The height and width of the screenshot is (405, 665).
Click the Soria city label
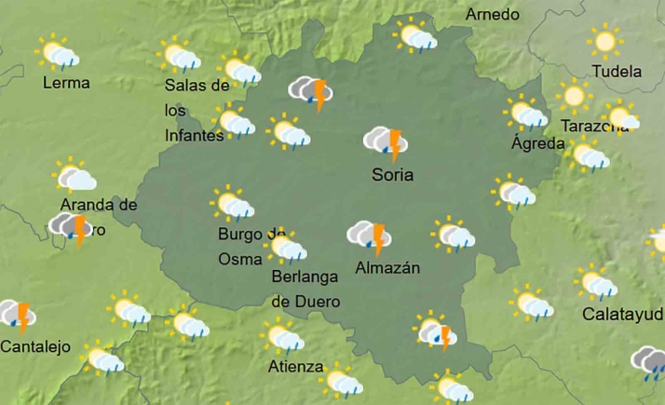[x=392, y=174]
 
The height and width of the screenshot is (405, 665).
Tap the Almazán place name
[x=387, y=268]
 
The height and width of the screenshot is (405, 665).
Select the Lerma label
[x=67, y=83]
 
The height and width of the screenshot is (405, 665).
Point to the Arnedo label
[x=492, y=15]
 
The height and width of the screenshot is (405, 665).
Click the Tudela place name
[x=617, y=72]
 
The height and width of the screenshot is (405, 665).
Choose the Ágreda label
[x=538, y=143]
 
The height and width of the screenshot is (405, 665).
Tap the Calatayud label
[x=622, y=314]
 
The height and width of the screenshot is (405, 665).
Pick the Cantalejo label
[x=35, y=347]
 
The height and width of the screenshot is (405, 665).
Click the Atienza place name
[x=295, y=366]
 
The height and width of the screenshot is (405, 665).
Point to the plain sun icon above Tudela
[x=606, y=41]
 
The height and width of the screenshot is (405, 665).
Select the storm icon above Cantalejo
[x=17, y=316]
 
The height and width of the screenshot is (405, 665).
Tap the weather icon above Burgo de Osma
[x=232, y=204]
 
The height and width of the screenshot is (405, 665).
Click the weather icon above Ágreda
[x=528, y=115]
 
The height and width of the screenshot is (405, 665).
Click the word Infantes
[x=195, y=135]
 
